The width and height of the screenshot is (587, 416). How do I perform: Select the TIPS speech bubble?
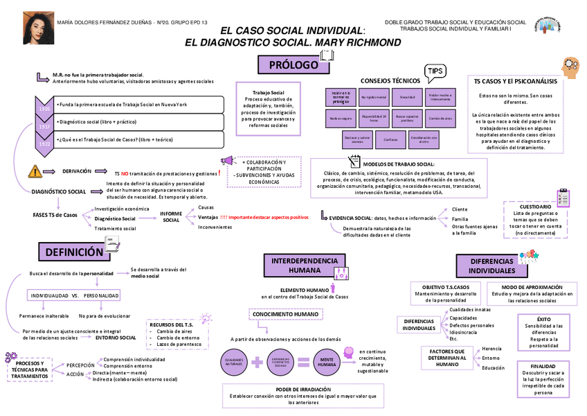coord(435,71)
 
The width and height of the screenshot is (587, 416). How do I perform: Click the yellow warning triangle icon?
coord(35,171)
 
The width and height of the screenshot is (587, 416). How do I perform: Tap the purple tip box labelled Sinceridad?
coord(406,98)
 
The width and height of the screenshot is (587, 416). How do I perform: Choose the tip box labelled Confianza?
coord(389,139)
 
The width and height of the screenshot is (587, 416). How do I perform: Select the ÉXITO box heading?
coord(543,319)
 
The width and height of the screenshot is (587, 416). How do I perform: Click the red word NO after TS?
coord(125,173)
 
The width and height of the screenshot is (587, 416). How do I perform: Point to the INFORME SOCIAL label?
coord(171,217)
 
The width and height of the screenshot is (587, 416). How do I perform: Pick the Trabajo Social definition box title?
coord(268,92)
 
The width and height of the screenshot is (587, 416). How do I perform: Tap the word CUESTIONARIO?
coord(535,206)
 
